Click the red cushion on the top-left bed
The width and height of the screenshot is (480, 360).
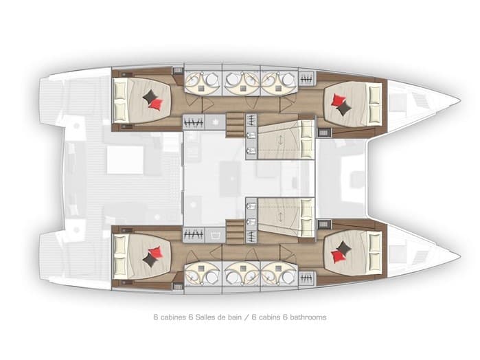(157, 104)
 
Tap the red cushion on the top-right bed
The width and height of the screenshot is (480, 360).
(337, 102)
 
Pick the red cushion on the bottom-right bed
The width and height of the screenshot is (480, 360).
(336, 256)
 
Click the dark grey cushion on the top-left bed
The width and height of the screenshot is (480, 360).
(150, 98)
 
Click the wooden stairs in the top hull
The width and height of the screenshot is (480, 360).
(236, 124)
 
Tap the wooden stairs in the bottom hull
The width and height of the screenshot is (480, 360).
(236, 229)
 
